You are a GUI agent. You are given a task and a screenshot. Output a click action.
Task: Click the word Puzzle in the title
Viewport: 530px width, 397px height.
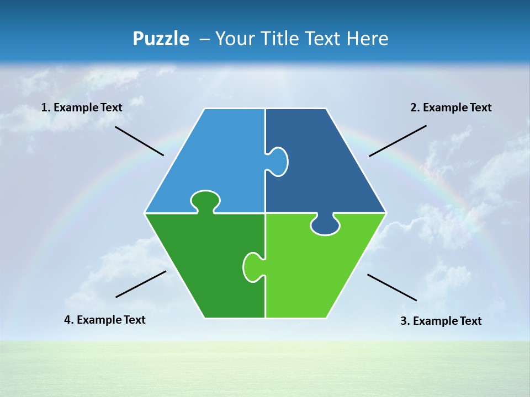[x=161, y=39]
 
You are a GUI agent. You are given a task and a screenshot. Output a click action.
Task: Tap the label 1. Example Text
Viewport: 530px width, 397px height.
[x=82, y=108]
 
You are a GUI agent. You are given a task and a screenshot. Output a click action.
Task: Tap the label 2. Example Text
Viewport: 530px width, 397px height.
[x=451, y=108]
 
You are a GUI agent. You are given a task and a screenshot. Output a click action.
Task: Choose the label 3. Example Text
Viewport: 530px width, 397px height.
[x=441, y=321]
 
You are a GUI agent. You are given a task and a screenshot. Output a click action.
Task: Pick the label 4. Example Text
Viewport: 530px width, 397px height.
[x=105, y=320]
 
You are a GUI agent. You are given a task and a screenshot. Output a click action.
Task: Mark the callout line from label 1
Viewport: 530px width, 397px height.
[x=139, y=141]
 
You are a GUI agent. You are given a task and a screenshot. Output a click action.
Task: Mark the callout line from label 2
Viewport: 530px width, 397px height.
[x=397, y=141]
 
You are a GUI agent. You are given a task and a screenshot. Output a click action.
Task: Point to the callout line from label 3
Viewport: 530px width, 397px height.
[x=392, y=287]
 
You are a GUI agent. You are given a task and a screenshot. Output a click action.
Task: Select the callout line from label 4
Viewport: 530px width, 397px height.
[x=141, y=284]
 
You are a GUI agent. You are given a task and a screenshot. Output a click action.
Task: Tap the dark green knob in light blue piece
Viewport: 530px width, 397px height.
[x=205, y=201]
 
